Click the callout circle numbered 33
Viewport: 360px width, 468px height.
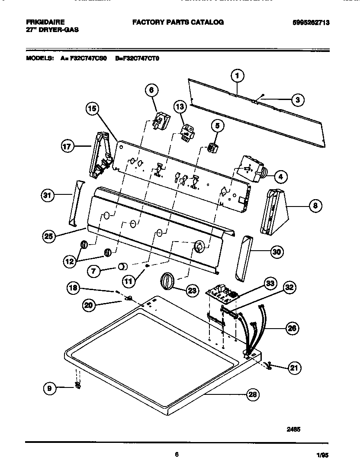click(270, 284)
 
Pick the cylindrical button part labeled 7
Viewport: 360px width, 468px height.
click(123, 266)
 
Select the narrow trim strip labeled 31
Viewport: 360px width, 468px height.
click(76, 203)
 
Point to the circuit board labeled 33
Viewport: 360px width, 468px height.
click(223, 294)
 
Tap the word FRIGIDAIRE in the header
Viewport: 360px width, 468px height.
click(45, 22)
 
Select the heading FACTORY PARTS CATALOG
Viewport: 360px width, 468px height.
click(178, 22)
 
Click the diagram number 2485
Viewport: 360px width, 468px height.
click(293, 430)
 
